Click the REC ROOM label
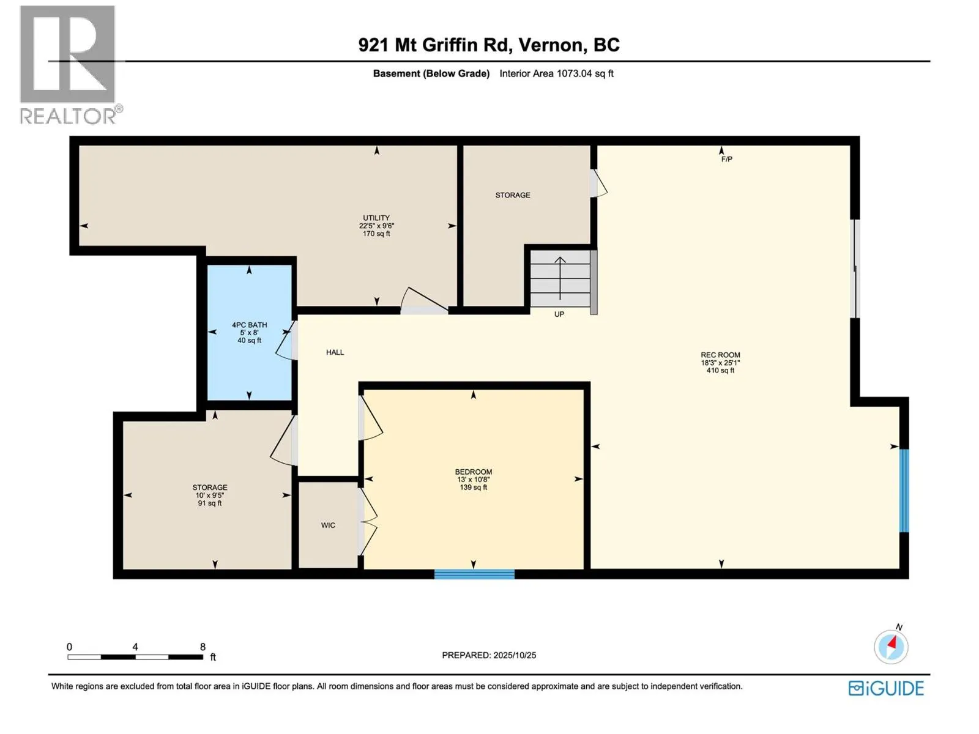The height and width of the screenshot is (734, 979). click(x=720, y=355)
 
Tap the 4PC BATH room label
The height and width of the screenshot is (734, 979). click(x=249, y=325)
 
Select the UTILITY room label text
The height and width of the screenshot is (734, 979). click(x=376, y=218)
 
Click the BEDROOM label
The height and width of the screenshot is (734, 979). click(x=473, y=472)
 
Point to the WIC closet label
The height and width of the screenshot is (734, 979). click(x=328, y=525)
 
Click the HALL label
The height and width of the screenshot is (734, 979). click(x=335, y=352)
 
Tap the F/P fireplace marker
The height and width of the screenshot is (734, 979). click(x=726, y=159)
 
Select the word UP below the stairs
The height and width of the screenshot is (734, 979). click(x=559, y=314)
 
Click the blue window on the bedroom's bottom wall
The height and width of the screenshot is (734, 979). click(x=474, y=574)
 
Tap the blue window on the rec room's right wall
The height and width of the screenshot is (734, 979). click(x=904, y=491)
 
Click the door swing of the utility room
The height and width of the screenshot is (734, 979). click(x=423, y=301)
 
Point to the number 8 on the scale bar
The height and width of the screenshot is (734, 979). click(x=203, y=647)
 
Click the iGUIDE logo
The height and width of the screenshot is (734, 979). click(x=886, y=688)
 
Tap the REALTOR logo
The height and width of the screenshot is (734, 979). click(x=69, y=64)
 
